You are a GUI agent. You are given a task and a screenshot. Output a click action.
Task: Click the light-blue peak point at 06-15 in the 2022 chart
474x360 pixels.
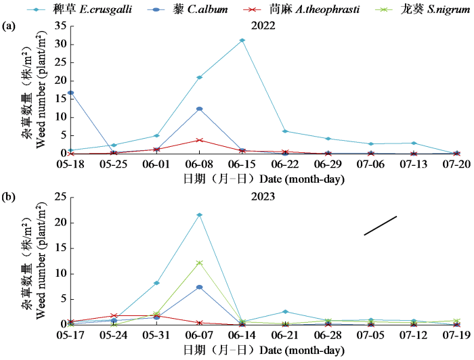click(x=242, y=41)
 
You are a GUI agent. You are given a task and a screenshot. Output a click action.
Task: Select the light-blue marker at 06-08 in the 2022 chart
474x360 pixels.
click(x=199, y=77)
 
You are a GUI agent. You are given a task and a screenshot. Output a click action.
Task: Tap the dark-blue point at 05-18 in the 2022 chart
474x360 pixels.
click(x=70, y=93)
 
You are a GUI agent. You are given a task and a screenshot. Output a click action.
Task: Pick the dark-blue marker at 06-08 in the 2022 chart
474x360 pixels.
click(x=199, y=108)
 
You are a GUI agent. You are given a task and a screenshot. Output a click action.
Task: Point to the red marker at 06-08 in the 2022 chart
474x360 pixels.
click(x=199, y=140)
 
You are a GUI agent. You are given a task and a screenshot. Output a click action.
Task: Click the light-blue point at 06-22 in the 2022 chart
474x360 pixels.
click(x=285, y=131)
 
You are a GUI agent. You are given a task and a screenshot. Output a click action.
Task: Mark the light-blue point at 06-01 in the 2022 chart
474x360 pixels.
click(x=156, y=135)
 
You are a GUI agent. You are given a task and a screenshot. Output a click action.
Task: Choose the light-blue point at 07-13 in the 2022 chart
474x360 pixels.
click(x=414, y=143)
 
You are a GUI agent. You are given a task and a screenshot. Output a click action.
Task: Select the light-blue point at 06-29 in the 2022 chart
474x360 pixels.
click(x=328, y=139)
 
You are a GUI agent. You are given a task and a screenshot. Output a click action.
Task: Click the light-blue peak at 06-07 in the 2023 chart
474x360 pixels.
click(x=199, y=215)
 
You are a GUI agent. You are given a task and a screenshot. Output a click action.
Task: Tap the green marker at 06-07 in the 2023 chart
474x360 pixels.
click(x=199, y=263)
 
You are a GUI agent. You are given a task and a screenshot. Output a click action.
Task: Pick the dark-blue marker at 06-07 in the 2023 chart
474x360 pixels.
click(x=199, y=288)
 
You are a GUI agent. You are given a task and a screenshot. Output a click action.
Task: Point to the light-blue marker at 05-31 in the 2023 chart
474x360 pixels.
click(x=156, y=283)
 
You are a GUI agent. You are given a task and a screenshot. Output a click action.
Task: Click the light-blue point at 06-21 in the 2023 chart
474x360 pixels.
click(x=285, y=311)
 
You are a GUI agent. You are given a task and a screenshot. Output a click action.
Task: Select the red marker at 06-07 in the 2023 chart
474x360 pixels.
click(x=199, y=323)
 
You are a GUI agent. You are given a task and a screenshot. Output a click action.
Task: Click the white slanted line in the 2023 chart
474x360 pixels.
click(x=380, y=225)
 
